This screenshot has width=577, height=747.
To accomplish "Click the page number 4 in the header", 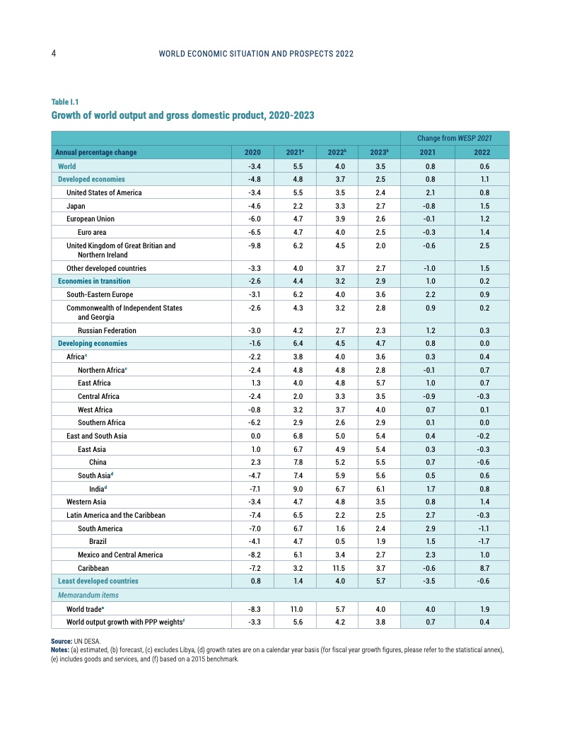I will pos(54,54).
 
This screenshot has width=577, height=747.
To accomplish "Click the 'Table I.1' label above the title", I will pos(65,102).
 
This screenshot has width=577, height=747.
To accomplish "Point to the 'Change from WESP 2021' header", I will pos(454,138).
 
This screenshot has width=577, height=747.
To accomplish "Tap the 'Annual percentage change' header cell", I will pos(96,153).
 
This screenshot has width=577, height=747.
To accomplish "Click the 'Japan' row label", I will pos(76,206).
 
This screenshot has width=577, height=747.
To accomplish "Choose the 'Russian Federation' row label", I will pos(106,330).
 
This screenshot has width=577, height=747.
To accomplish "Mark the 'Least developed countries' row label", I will pos(98,581).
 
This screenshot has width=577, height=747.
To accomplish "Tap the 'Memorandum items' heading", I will pos(88,595).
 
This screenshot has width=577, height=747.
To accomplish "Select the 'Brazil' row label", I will pos(98,541).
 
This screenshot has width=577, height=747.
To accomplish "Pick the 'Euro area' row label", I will pos(92,232).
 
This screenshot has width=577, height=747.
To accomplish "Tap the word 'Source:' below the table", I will pos(62,640).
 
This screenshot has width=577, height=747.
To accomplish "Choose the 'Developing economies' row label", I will pos(93,343).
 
